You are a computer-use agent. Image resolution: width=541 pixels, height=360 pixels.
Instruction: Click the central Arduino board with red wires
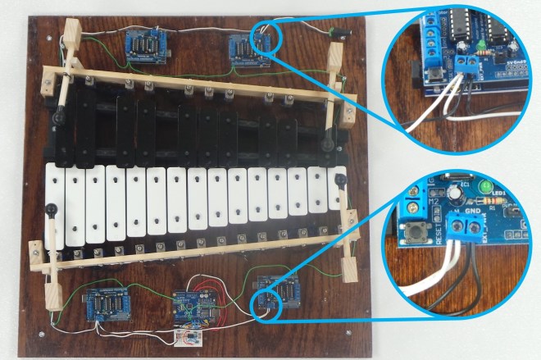[x=194, y=308]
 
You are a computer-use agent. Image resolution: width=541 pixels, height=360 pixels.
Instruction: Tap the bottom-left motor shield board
[x=107, y=304]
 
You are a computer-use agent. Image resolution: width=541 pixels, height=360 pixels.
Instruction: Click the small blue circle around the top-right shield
[x=266, y=37]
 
